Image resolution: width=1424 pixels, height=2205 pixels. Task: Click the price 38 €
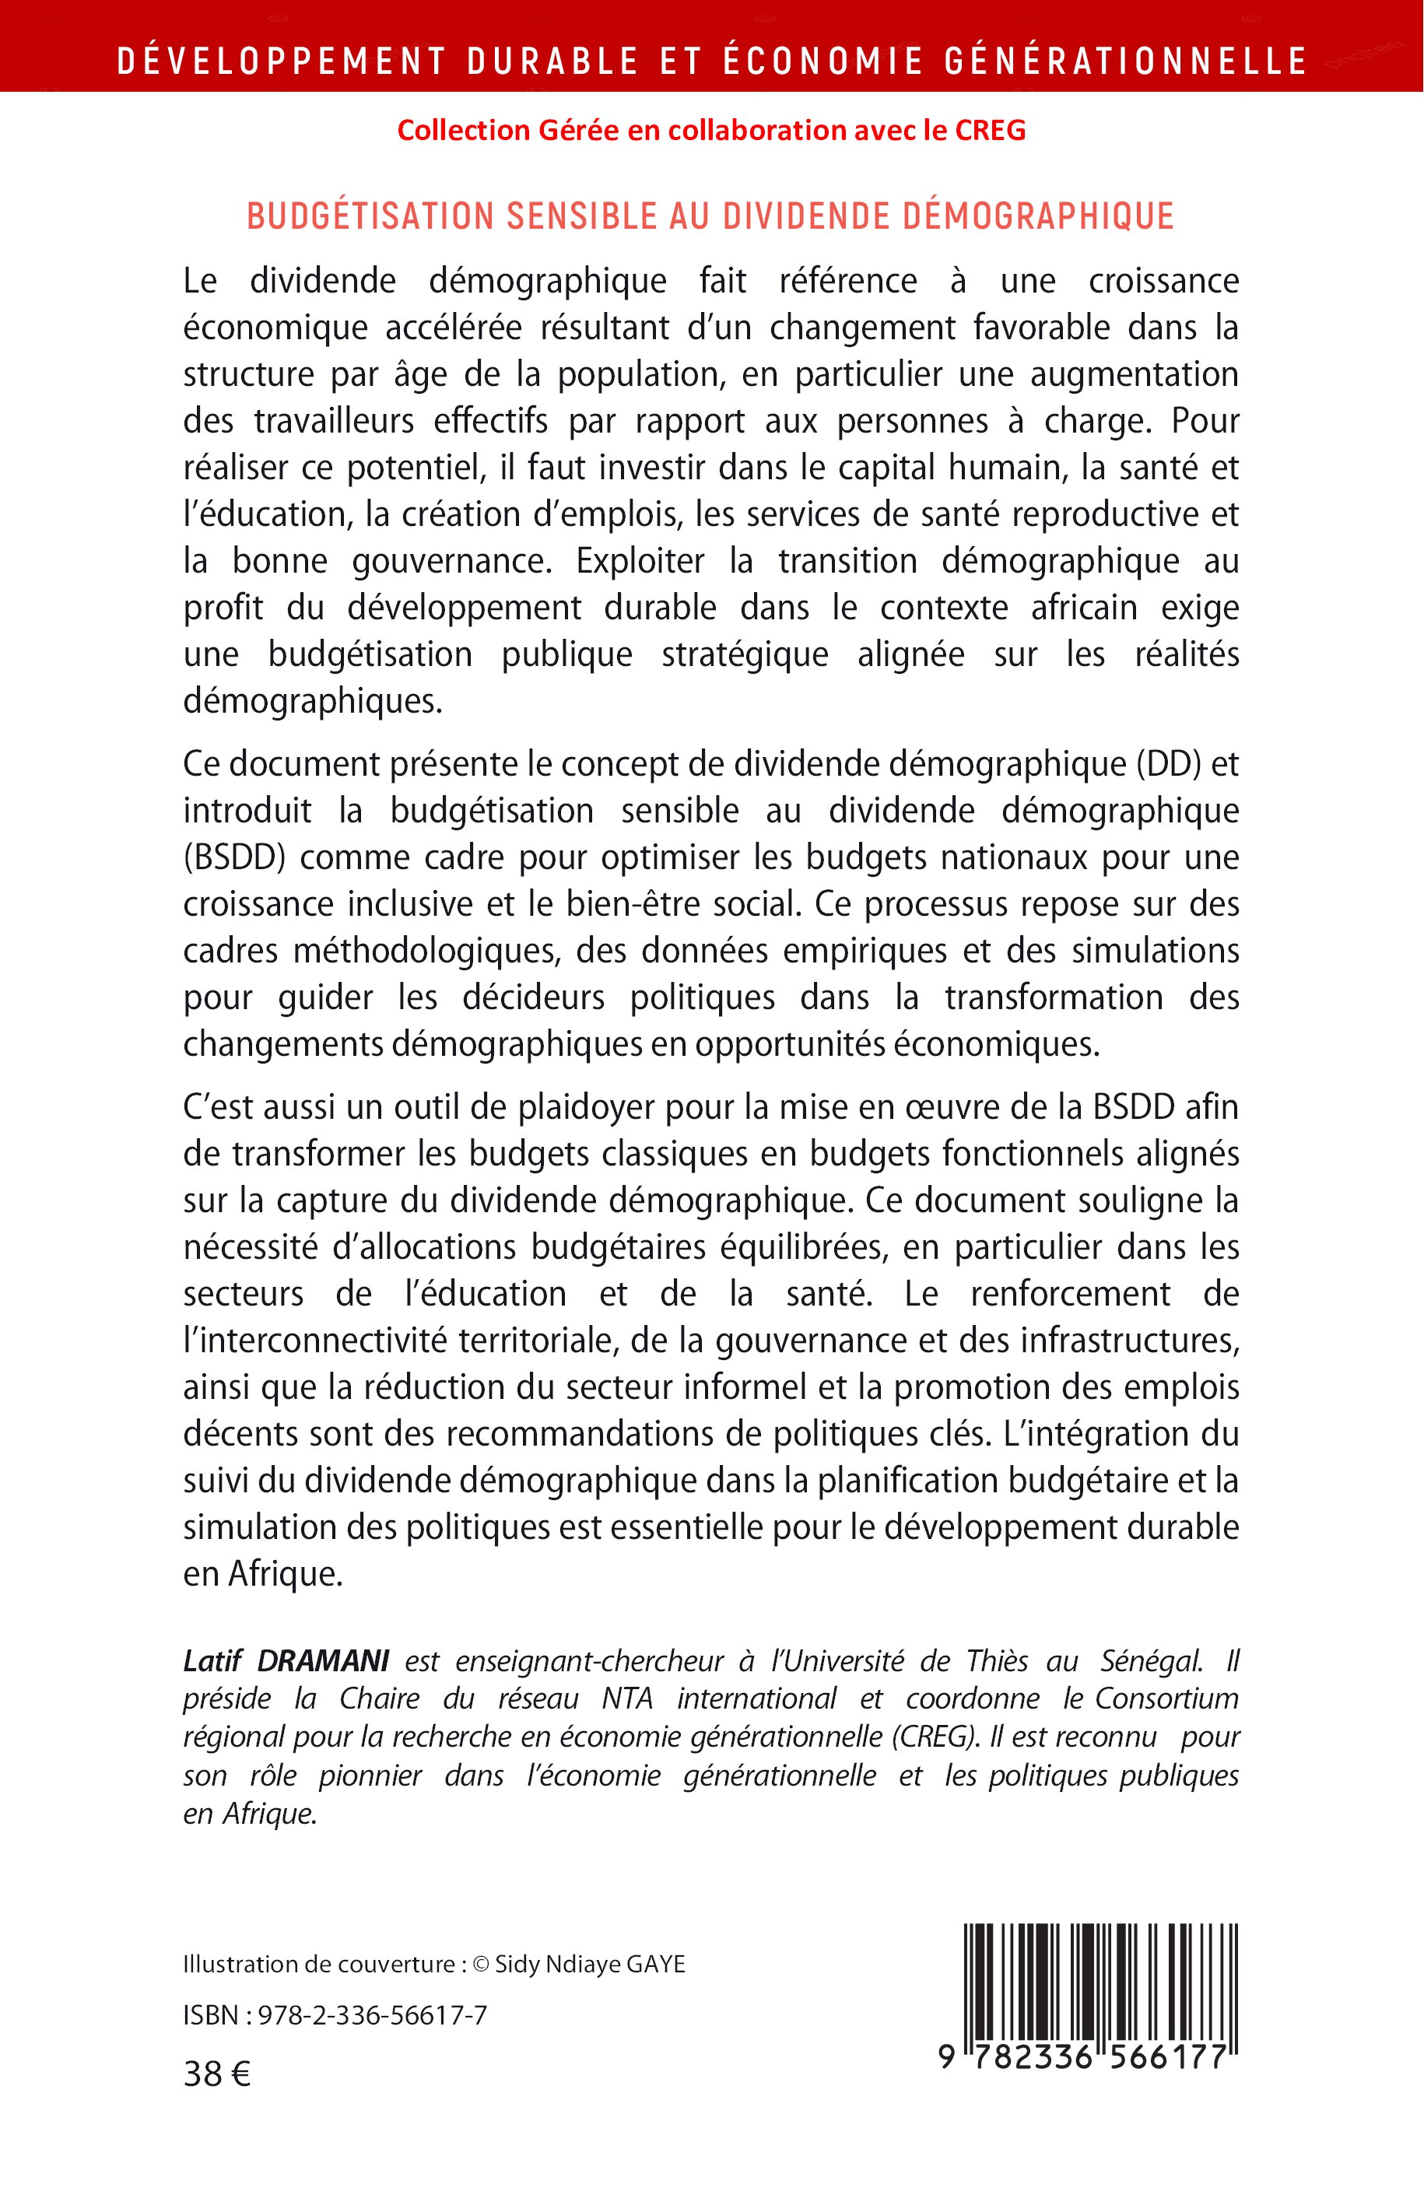pyautogui.click(x=216, y=2076)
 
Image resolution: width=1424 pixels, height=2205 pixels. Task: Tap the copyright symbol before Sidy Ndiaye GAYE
pyautogui.click(x=480, y=1965)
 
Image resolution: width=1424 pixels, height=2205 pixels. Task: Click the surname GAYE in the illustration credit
pyautogui.click(x=656, y=1965)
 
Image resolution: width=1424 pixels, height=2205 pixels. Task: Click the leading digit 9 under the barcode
pyautogui.click(x=946, y=2057)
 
